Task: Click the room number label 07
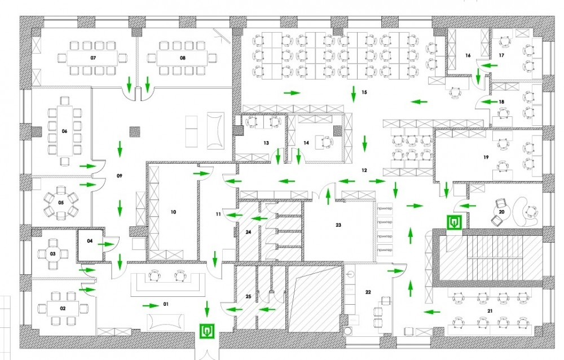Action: [93, 58]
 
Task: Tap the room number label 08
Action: [183, 58]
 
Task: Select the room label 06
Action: [64, 131]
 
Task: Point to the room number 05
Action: [61, 202]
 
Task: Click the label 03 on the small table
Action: [53, 254]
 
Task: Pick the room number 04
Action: [89, 241]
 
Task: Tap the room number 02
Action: [63, 308]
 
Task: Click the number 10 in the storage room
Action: [173, 212]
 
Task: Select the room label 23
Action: [338, 225]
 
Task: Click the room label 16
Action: [468, 56]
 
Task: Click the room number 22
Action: [368, 292]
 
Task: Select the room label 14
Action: [306, 143]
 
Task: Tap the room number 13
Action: [266, 143]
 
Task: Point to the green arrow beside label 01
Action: [150, 305]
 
